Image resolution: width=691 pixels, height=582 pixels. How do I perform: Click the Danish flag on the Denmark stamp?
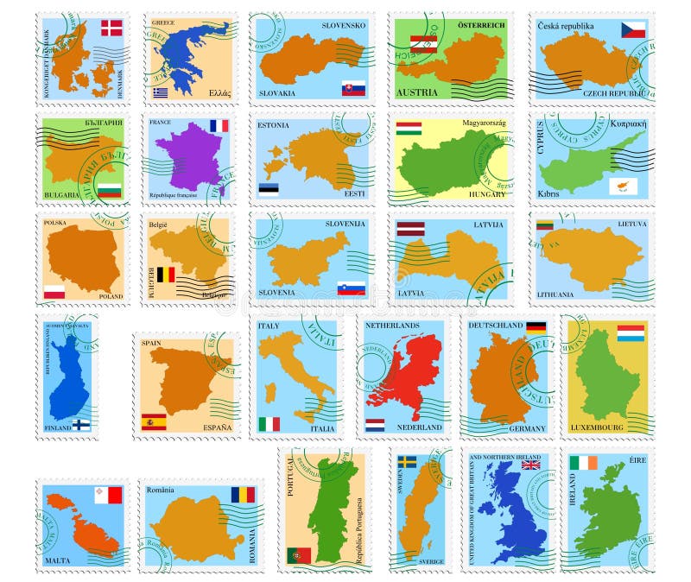(x=111, y=28)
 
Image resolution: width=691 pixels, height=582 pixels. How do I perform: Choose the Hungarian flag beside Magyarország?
(x=409, y=129)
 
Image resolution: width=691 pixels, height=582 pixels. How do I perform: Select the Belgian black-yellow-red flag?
(x=165, y=276)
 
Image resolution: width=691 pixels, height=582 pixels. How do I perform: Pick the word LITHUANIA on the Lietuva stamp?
(x=555, y=294)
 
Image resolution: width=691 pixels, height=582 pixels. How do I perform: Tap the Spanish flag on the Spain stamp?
(x=154, y=421)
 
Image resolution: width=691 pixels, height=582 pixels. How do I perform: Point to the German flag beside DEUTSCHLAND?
(x=536, y=327)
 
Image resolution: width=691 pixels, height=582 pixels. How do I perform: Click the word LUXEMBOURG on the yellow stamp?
(x=597, y=427)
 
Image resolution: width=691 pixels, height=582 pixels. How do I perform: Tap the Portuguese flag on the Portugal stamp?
(x=299, y=555)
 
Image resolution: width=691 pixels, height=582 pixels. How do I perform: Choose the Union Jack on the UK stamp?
(x=530, y=464)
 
